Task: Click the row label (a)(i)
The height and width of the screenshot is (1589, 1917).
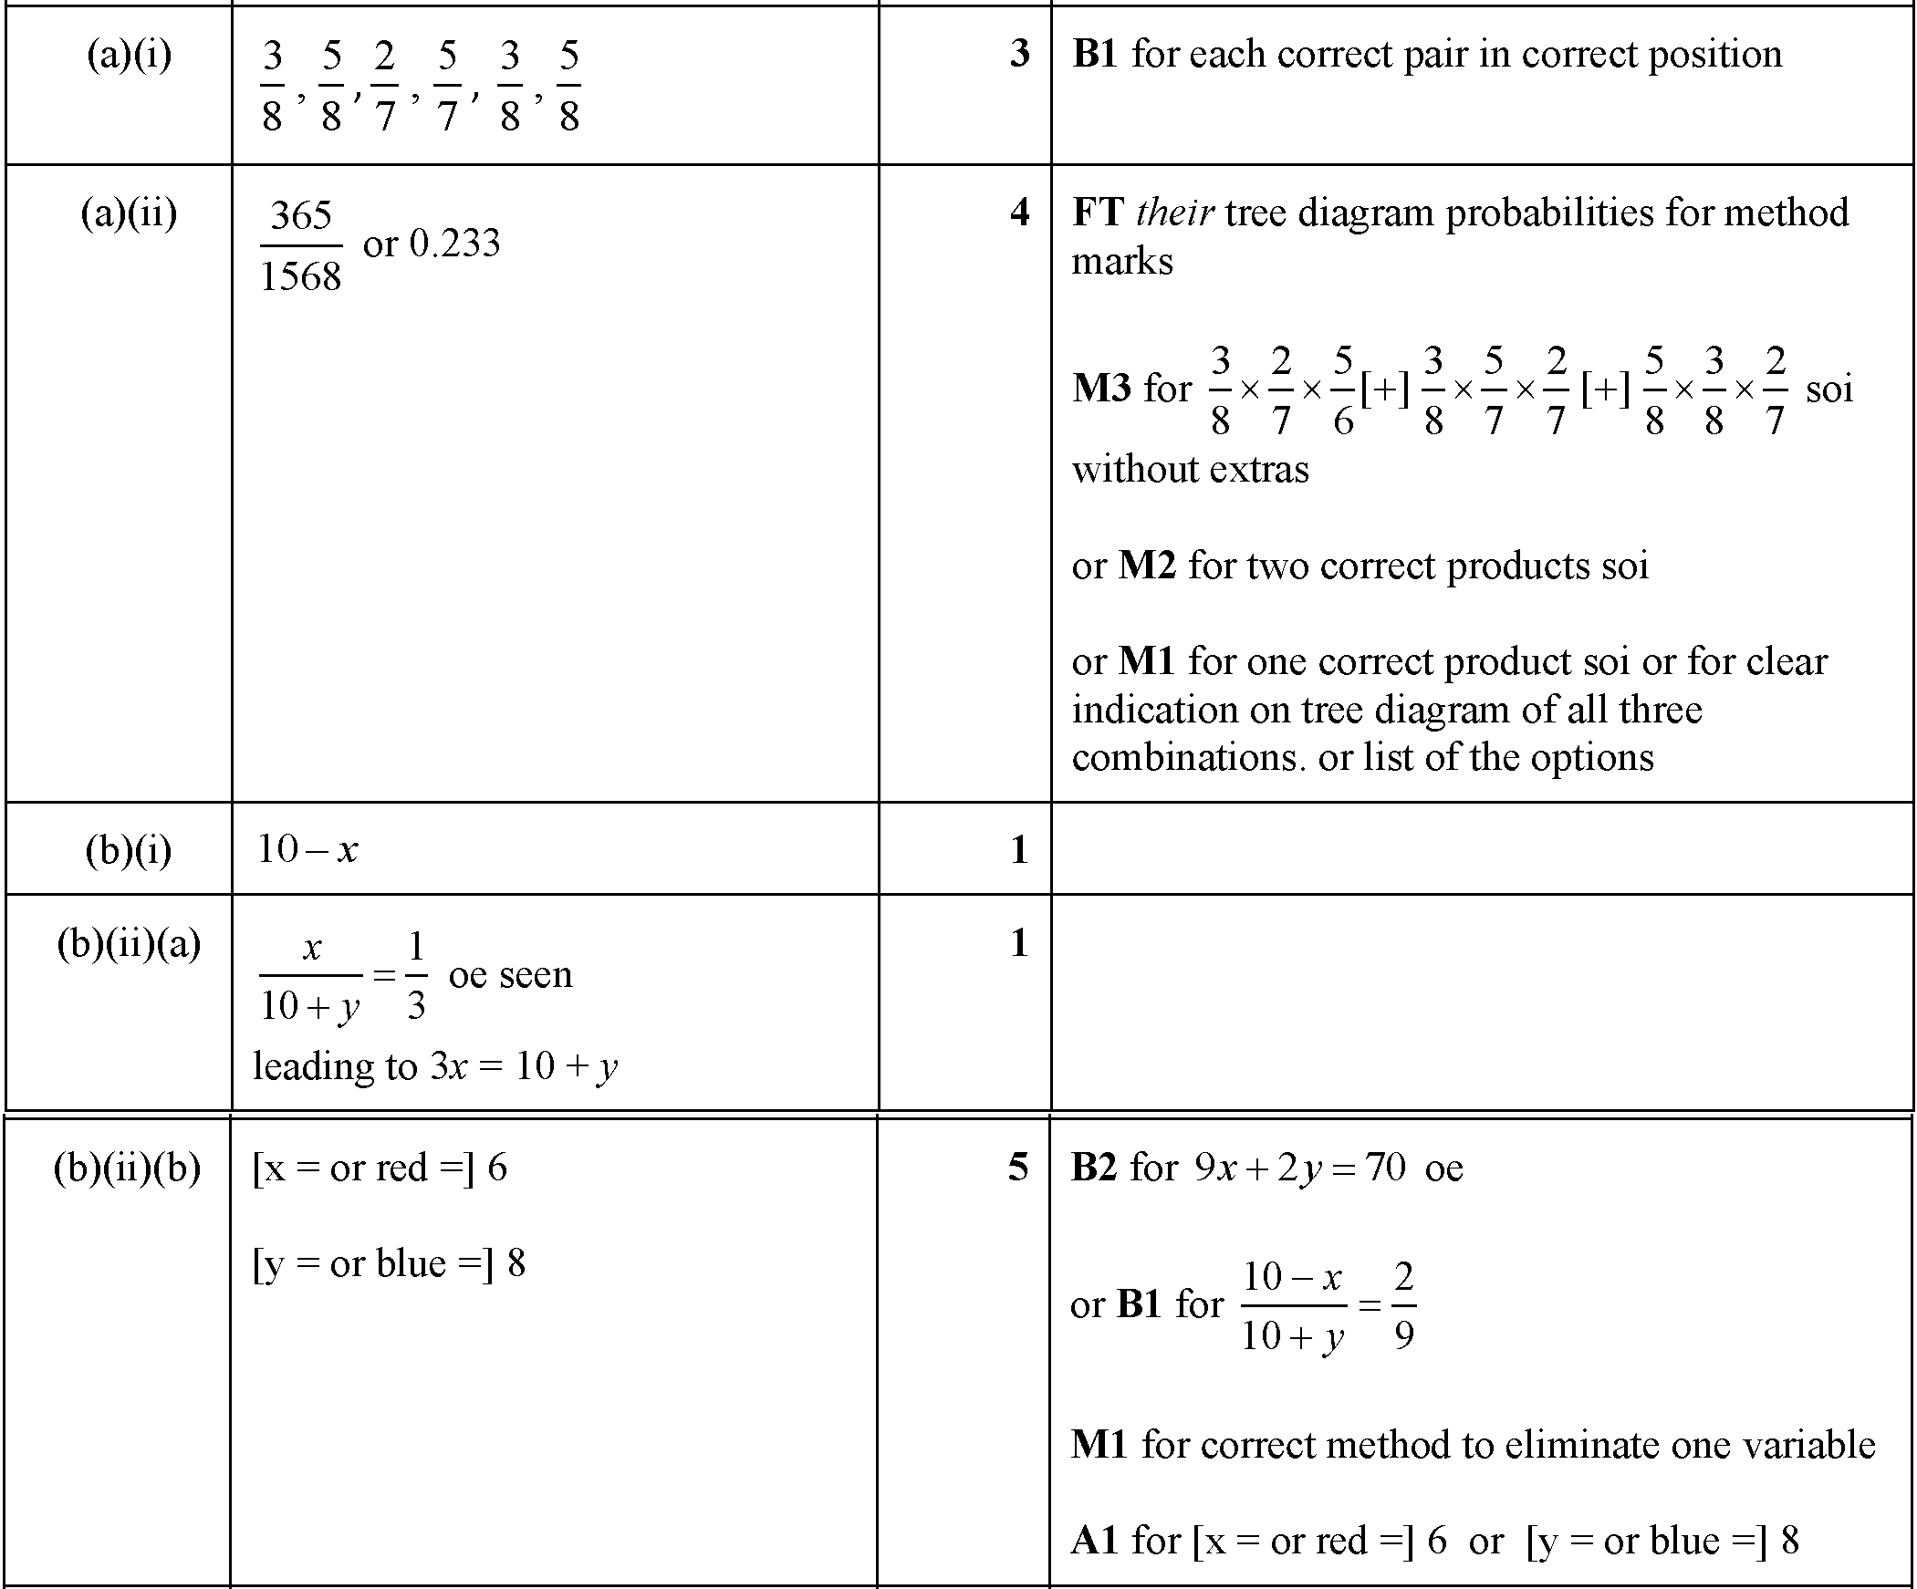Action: point(129,55)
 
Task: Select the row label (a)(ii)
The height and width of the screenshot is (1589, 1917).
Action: point(129,213)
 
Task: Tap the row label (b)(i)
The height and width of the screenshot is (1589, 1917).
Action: point(129,851)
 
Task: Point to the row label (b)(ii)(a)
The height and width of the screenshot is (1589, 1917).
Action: point(129,944)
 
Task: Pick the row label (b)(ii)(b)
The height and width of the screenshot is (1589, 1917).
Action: point(127,1168)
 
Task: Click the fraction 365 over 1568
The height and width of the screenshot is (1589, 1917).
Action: point(301,245)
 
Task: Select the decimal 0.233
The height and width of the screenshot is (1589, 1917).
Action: point(454,244)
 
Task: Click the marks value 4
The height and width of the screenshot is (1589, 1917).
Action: point(1019,213)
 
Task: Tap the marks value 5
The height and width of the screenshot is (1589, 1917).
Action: point(1018,1168)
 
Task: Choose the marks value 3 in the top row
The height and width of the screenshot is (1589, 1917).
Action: point(1019,54)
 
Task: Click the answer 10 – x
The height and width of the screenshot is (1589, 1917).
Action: point(307,850)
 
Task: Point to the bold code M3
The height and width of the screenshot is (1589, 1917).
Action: point(1102,389)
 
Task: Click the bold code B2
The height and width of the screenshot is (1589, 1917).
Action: point(1094,1168)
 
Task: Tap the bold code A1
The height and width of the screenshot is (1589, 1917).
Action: point(1094,1541)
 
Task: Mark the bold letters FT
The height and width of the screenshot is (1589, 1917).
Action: point(1098,213)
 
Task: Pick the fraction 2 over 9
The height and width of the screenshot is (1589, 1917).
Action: point(1404,1305)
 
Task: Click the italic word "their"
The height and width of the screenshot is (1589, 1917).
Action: point(1175,213)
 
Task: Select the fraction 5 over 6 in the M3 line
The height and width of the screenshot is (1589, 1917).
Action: point(1343,389)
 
